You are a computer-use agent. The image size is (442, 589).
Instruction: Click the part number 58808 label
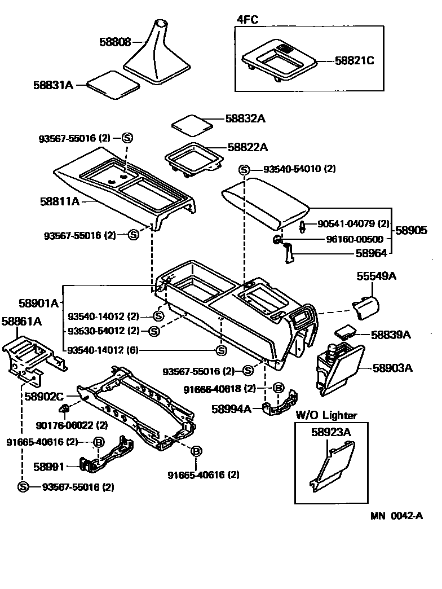point(115,42)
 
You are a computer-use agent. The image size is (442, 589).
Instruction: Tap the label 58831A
point(53,85)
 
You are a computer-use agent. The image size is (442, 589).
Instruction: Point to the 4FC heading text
point(247,19)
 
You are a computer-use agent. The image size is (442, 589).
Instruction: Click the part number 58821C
point(354,60)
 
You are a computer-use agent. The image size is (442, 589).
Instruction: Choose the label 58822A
point(247,147)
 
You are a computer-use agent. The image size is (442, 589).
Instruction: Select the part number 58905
point(411,230)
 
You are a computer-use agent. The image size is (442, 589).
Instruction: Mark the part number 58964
point(371,254)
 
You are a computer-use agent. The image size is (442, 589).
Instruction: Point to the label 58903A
point(392,368)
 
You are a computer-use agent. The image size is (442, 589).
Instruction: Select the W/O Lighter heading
point(326,415)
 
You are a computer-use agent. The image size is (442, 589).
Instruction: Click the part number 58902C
point(44,397)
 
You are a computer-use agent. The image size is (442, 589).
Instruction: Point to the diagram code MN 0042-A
point(396,516)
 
